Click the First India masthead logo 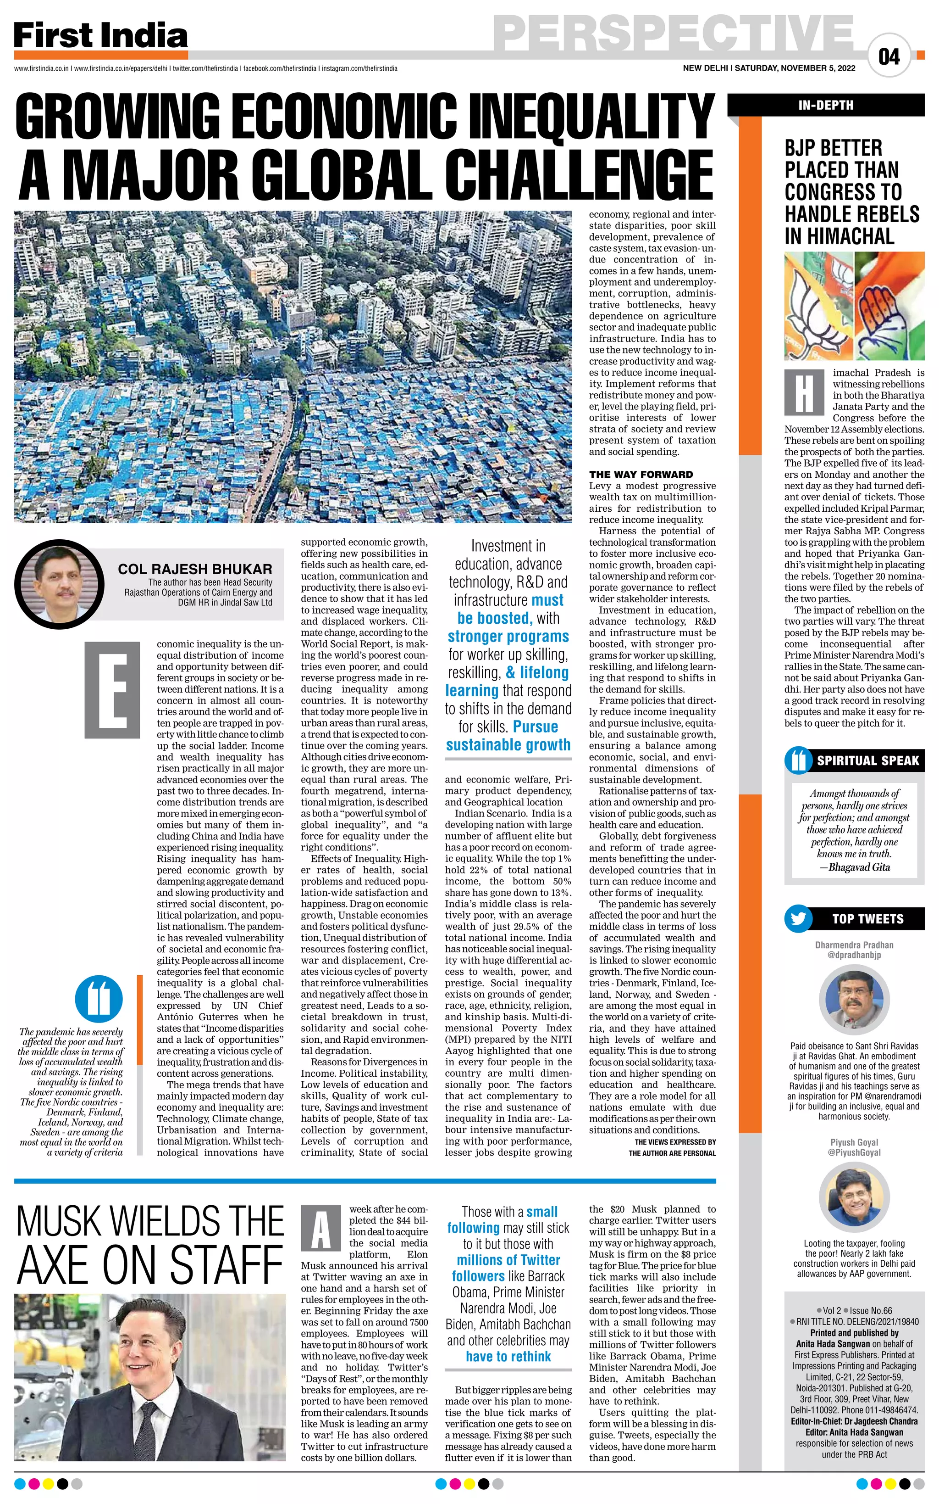tap(100, 36)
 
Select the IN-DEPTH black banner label tap(825, 106)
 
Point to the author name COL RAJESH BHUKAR tap(194, 569)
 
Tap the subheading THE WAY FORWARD tap(641, 474)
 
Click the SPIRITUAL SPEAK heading tap(867, 760)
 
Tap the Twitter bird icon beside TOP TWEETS tap(798, 918)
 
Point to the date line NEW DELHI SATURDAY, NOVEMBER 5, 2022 tap(769, 68)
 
